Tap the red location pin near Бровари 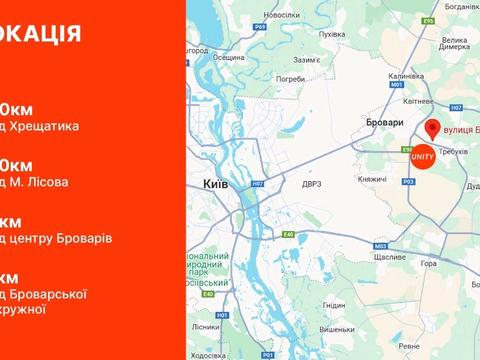[432, 129]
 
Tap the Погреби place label [290, 77]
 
